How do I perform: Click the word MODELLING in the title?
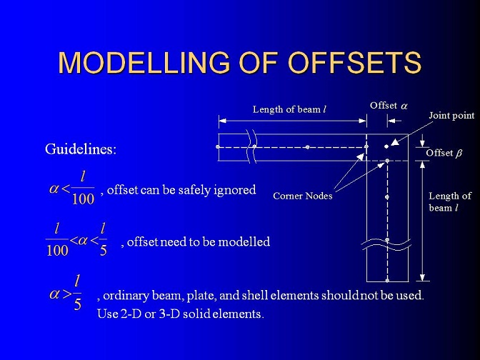tap(144, 62)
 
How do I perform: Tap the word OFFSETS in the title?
tap(356, 62)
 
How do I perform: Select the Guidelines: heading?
tap(81, 149)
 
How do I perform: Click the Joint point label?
tap(451, 116)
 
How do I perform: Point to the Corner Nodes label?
tap(303, 196)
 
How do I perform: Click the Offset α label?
tap(389, 106)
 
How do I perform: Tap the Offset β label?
tap(444, 153)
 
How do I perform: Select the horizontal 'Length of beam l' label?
tap(289, 109)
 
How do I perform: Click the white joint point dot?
tap(386, 146)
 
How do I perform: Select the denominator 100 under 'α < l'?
tap(83, 199)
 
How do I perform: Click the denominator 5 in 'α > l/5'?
tap(78, 304)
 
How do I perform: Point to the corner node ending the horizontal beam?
tap(366, 146)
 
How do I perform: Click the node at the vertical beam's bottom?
tap(387, 281)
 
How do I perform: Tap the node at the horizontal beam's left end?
tap(218, 147)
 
